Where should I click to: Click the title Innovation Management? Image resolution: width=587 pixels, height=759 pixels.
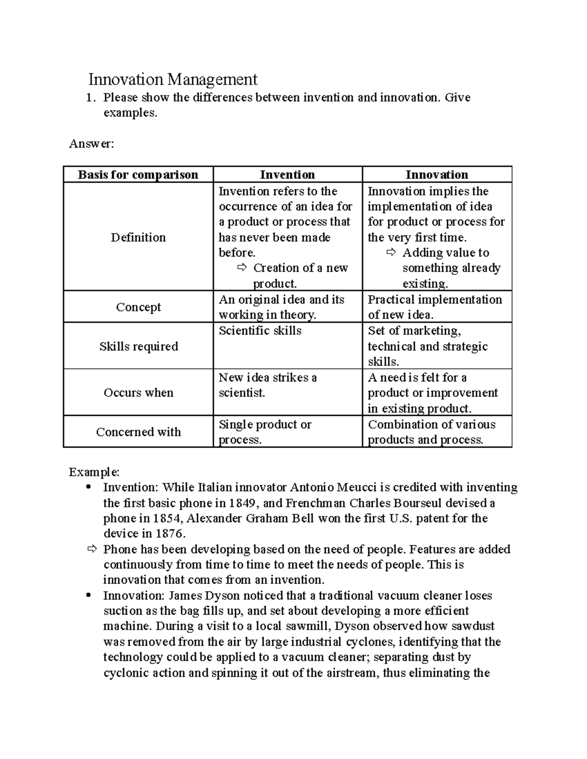[x=173, y=79]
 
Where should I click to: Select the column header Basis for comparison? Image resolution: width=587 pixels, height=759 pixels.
[x=138, y=174]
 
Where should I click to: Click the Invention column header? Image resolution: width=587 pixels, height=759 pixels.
[x=287, y=174]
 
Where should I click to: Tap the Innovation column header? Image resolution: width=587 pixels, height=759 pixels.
[x=436, y=174]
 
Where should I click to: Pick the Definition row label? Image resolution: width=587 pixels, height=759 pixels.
[x=138, y=238]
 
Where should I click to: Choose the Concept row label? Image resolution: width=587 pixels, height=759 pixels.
[x=138, y=307]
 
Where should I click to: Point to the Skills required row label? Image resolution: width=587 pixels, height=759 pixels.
[x=138, y=347]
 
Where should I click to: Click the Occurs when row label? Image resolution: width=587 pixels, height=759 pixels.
[x=138, y=393]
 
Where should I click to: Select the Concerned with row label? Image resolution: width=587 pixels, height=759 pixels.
[x=138, y=432]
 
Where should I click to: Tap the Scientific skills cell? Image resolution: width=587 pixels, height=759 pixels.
[x=260, y=331]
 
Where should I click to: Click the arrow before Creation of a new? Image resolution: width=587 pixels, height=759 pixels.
[x=242, y=268]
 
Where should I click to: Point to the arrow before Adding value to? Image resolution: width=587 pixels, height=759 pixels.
[x=391, y=253]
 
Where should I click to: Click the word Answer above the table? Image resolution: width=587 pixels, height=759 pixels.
[x=91, y=144]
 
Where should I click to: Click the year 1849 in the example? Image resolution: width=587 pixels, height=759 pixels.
[x=244, y=503]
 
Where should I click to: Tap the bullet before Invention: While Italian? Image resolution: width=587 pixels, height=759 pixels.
[x=88, y=487]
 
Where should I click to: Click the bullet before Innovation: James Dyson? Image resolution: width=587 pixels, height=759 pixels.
[x=88, y=595]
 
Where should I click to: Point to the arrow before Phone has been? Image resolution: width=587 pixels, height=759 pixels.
[x=92, y=549]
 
